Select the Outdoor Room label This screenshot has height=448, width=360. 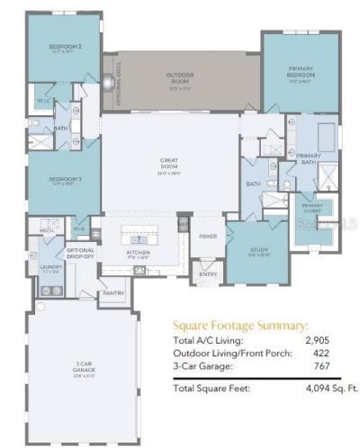(x=180, y=76)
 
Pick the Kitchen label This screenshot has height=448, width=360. (x=138, y=253)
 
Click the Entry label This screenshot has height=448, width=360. (x=208, y=274)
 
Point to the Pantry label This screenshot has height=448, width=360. (x=113, y=292)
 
